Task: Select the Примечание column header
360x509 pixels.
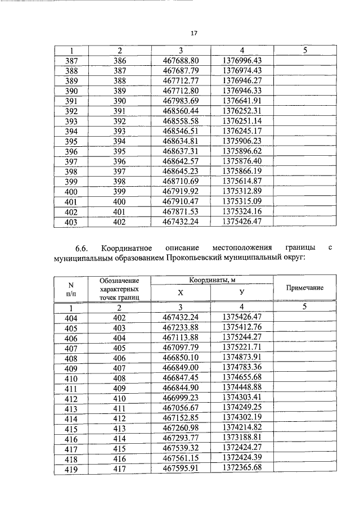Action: tap(304, 287)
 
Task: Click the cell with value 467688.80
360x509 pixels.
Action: tap(181, 60)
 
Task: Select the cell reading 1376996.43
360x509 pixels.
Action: tap(242, 60)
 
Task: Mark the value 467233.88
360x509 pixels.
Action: tap(181, 327)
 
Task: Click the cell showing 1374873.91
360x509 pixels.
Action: tap(242, 358)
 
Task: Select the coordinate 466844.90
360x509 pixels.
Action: tap(181, 388)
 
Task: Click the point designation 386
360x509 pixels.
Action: tap(119, 60)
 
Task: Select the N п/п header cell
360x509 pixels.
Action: tap(71, 288)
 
